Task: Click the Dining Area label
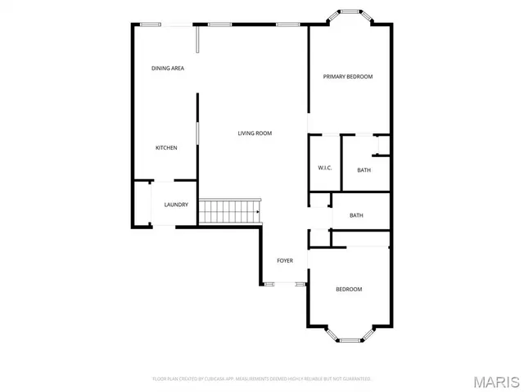(167, 68)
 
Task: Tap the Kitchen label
(166, 148)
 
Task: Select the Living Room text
(255, 133)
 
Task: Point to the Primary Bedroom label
(347, 77)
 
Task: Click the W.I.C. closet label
(324, 169)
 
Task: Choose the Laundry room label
(176, 205)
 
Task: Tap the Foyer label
(284, 261)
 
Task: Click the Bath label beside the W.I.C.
(364, 170)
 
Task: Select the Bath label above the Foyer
(356, 216)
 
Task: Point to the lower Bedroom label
(349, 289)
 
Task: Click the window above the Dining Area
(150, 24)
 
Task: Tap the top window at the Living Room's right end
(287, 25)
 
